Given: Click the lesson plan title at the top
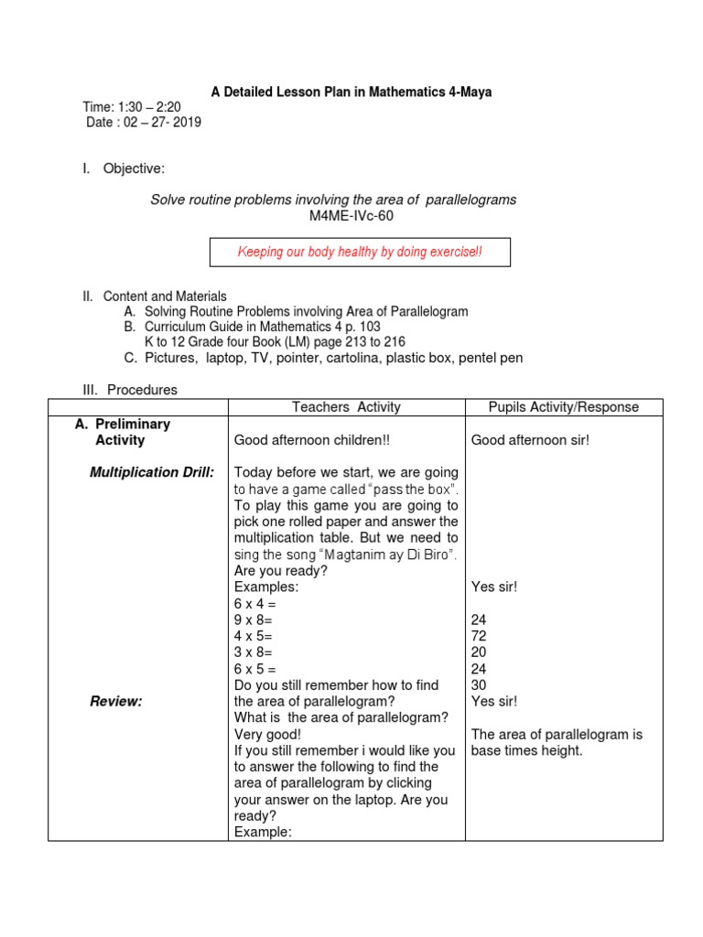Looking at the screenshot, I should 351,92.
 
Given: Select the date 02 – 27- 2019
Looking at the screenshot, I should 144,123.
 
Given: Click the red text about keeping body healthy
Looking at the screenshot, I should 360,252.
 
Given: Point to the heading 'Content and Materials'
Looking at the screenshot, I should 165,296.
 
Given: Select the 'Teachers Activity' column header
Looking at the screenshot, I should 346,407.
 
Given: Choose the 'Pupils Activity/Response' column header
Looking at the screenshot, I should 564,407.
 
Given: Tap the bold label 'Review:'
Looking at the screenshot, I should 115,702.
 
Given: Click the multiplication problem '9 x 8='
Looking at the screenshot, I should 254,619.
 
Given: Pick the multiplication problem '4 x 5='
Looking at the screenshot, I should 254,636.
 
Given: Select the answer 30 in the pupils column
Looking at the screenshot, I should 479,685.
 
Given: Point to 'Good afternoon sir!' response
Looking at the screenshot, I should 530,440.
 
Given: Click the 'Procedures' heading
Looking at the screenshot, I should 142,390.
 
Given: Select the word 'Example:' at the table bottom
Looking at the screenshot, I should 263,833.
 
